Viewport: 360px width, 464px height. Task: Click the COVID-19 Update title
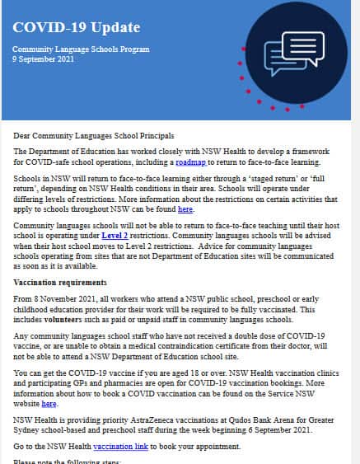(x=64, y=27)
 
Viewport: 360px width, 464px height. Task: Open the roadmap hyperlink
(x=189, y=163)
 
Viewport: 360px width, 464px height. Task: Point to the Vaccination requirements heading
(x=59, y=281)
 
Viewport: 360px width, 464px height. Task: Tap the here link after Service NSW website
(x=49, y=404)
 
